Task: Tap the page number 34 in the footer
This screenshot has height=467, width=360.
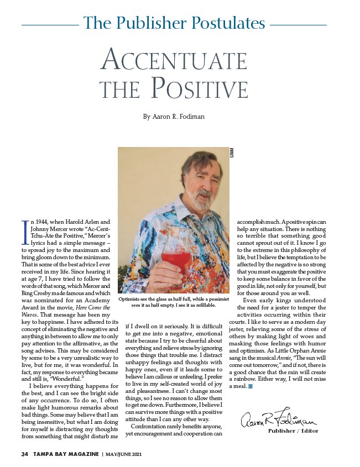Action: (24, 454)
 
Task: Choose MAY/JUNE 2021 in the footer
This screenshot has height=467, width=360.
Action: (128, 454)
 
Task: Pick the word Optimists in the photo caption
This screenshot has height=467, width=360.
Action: (132, 298)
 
